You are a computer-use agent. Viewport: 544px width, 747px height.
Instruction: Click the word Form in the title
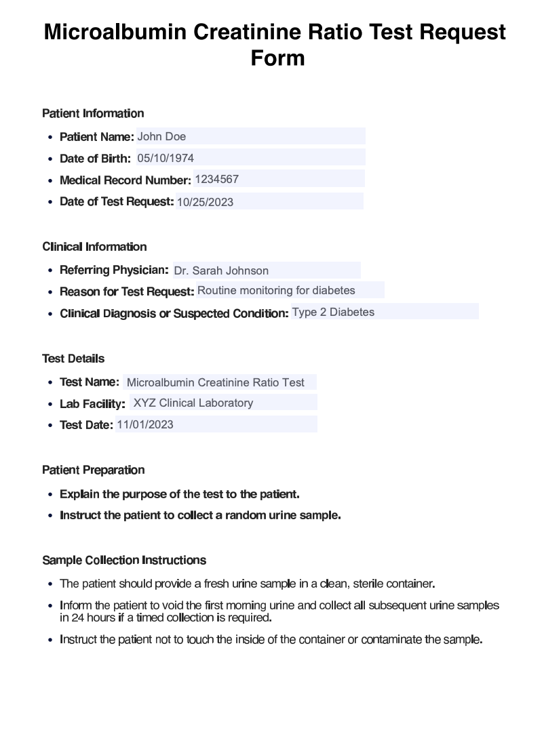point(277,58)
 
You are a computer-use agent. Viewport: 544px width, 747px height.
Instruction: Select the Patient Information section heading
point(93,113)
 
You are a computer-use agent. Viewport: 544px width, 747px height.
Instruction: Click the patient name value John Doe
point(161,136)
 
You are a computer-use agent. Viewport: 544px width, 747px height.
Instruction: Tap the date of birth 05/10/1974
point(166,158)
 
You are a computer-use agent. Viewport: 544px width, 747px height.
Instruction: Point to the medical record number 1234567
point(216,179)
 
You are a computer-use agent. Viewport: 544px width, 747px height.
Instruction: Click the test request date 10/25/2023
point(205,201)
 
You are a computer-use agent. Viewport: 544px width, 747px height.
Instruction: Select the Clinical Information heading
point(94,247)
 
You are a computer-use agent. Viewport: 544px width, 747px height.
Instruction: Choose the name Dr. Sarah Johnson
point(221,270)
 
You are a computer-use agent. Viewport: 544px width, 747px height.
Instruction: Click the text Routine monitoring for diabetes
point(276,290)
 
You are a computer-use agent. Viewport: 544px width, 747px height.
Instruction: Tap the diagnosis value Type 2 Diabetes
point(333,312)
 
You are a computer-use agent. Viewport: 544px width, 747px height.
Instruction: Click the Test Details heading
point(73,359)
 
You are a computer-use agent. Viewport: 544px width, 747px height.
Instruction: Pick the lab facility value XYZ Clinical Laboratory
point(193,403)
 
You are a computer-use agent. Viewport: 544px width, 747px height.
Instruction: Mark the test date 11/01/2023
point(145,425)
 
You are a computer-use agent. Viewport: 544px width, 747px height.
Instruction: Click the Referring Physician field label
point(114,270)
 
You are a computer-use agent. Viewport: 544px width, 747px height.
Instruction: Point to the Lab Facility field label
point(92,404)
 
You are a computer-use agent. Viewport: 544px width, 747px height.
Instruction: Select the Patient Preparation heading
point(93,470)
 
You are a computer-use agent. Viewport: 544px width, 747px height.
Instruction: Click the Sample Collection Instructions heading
point(124,560)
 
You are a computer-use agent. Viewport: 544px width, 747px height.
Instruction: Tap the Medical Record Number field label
point(125,180)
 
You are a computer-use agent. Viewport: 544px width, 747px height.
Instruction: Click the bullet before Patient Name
point(51,138)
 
